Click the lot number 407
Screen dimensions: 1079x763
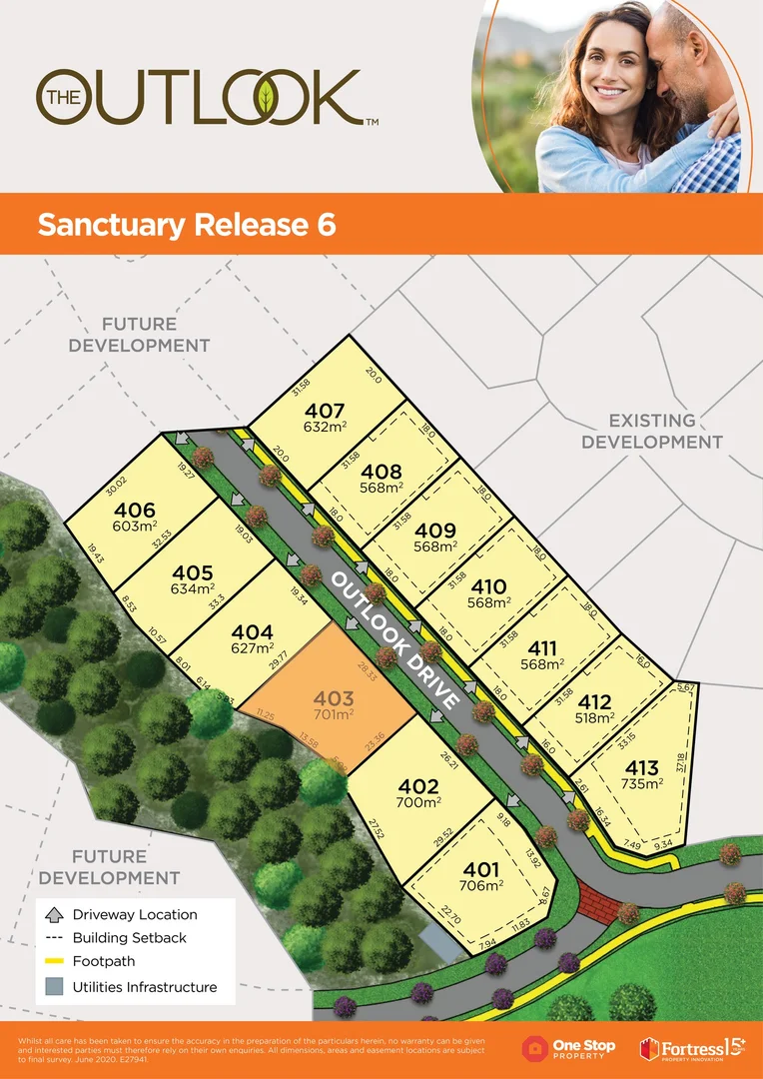coord(326,411)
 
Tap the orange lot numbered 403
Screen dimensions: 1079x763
coord(333,697)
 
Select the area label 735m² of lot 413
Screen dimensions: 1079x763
coord(641,784)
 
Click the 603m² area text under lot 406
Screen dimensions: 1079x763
coord(112,528)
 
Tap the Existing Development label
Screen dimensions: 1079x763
coord(652,431)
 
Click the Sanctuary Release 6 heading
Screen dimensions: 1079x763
coord(186,225)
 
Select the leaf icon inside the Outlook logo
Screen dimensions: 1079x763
coord(266,97)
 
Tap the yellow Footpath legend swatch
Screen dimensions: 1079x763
coord(54,962)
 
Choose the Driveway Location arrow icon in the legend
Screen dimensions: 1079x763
coord(54,914)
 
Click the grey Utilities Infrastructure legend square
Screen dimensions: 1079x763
coord(54,987)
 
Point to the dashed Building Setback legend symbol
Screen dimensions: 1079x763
coord(54,938)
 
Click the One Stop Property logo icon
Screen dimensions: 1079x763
coord(536,1047)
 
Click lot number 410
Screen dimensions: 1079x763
coord(488,586)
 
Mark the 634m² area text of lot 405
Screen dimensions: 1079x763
coord(192,588)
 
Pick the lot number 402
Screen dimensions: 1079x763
coord(418,786)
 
